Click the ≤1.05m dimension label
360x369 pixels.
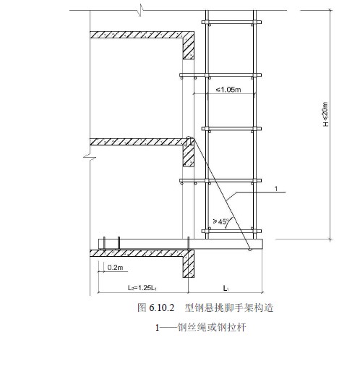coord(228,90)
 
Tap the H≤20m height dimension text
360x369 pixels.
coord(325,114)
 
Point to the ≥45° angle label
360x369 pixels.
coord(220,221)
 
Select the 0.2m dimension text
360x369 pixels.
coord(115,268)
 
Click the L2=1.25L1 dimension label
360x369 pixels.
coord(142,288)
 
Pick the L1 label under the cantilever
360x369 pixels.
coord(226,288)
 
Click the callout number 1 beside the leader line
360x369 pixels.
coord(276,189)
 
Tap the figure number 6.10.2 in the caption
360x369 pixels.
coord(161,308)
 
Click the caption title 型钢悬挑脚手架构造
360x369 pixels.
coord(229,308)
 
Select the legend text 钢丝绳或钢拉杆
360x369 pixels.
coord(212,328)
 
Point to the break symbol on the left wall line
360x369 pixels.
coord(90,158)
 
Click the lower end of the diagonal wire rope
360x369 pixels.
coord(250,250)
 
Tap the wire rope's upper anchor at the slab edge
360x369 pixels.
coord(189,137)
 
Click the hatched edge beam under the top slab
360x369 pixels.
coord(188,48)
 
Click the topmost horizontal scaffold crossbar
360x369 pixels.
coord(231,22)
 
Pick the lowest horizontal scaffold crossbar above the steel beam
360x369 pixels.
coord(231,231)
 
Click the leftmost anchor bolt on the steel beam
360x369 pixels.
coord(104,243)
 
